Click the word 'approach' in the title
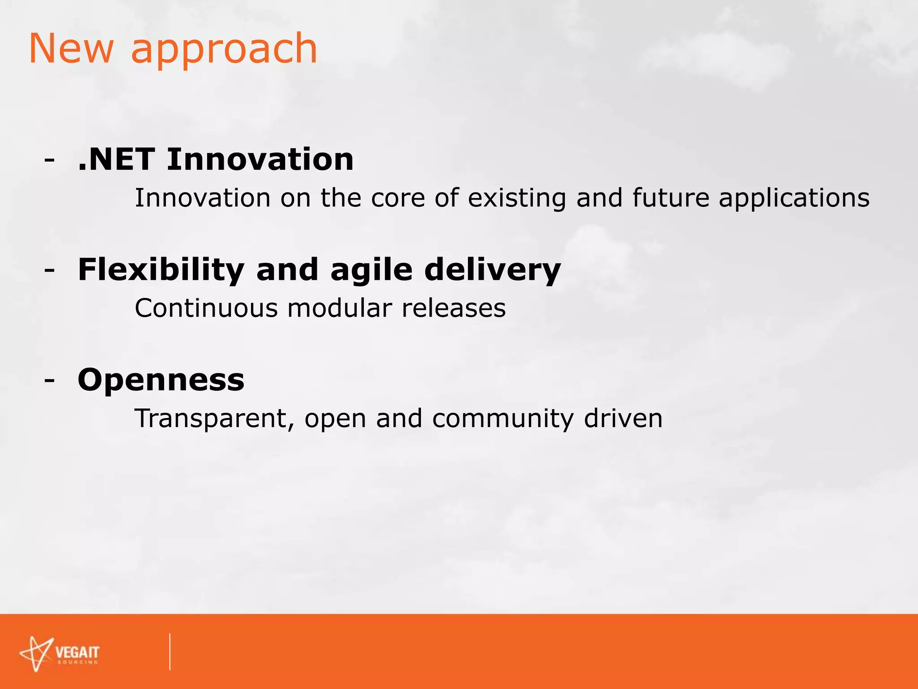[224, 50]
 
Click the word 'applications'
[794, 199]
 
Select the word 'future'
[671, 198]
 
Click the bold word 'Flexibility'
[161, 270]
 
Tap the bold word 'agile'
[371, 271]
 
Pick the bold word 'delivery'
[492, 271]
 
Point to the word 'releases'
[454, 308]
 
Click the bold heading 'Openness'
[161, 380]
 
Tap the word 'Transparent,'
[214, 419]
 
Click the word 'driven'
[623, 419]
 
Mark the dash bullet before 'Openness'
[50, 380]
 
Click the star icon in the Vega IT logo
[36, 654]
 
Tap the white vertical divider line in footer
[170, 651]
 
